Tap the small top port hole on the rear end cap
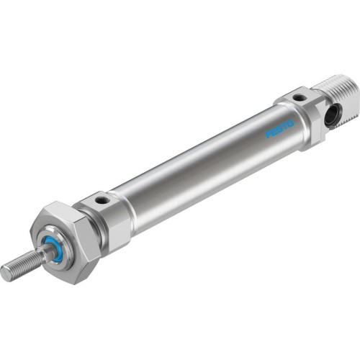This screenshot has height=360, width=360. [x=299, y=95]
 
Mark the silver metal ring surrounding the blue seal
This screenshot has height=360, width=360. [x=60, y=238]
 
